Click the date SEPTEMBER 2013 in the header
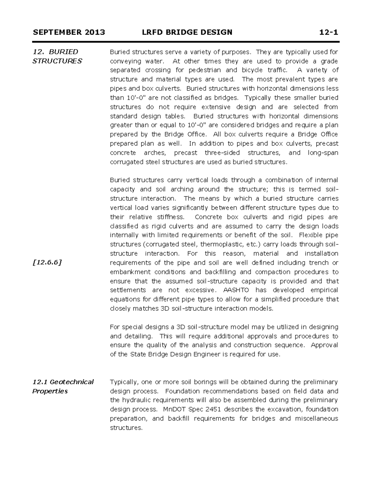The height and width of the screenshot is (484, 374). (69, 32)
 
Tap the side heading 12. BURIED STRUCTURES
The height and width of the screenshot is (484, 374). (57, 56)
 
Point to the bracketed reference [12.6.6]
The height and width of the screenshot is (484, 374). (47, 262)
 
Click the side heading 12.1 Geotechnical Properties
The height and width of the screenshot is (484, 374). (63, 386)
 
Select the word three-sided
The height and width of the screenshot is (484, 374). (222, 153)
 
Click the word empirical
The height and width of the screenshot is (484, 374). (324, 290)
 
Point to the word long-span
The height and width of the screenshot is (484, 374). (323, 153)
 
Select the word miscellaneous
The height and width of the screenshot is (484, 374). (317, 419)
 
